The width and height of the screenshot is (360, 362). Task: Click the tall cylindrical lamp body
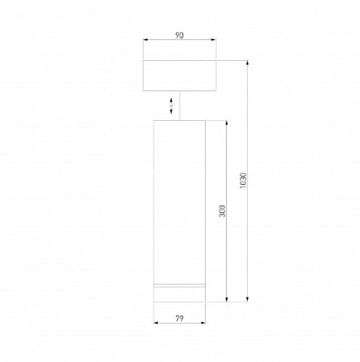(180, 195)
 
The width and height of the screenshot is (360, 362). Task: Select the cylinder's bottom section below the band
(180, 295)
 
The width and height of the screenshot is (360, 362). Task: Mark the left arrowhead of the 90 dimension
(146, 41)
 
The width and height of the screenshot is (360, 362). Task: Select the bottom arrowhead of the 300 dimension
(227, 300)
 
